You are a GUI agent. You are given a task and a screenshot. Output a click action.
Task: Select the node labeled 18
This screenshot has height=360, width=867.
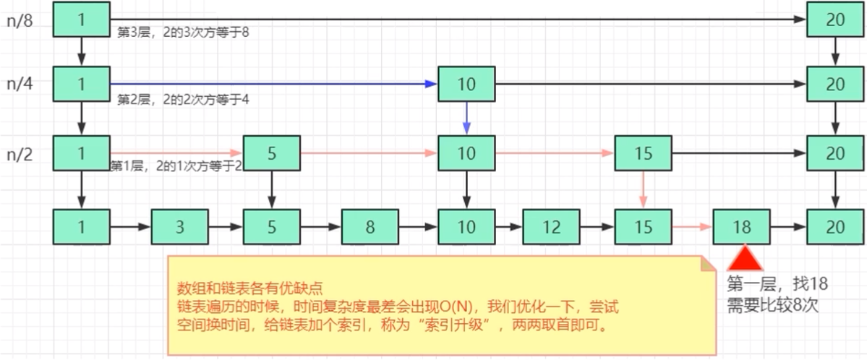coord(741,227)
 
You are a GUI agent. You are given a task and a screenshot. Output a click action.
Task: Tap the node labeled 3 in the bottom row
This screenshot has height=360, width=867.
coord(179,227)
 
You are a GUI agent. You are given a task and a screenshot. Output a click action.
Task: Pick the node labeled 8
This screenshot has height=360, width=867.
coord(370,227)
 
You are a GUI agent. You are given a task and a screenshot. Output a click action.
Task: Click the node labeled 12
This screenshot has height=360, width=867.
coord(551,227)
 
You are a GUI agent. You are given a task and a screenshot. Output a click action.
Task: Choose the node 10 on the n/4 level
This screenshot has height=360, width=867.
coord(466,85)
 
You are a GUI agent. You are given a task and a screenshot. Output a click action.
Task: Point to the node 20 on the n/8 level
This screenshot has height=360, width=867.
coord(835,20)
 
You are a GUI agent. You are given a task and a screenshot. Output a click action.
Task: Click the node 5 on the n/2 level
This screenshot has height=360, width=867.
coord(272,153)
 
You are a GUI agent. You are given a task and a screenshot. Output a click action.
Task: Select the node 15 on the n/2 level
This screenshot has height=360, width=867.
coord(643,153)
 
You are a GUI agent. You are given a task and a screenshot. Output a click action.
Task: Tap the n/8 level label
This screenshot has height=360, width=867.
coord(20,20)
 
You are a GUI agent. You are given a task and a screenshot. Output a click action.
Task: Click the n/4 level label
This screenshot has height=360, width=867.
coord(20,83)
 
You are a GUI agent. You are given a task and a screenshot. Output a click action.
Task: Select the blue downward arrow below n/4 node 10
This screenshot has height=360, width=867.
coord(466,118)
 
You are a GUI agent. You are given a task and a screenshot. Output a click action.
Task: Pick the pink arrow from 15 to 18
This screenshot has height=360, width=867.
coord(692,227)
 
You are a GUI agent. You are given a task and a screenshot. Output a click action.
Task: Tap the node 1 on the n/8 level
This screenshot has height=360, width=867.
coord(81,20)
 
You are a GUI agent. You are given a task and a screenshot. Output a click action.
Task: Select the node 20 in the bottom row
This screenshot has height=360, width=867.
coord(835,227)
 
